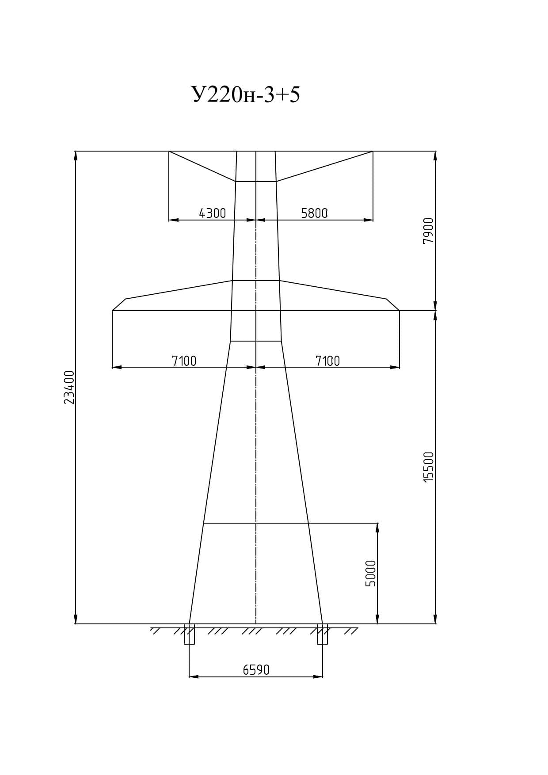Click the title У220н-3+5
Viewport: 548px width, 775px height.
(x=246, y=95)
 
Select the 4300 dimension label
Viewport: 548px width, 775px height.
(x=213, y=213)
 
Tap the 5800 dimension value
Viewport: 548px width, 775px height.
(x=314, y=213)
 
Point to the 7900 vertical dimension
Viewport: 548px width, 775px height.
(x=429, y=230)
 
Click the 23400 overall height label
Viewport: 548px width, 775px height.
(x=70, y=387)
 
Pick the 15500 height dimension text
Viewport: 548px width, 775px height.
(x=429, y=467)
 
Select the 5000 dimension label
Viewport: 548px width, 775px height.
(x=371, y=573)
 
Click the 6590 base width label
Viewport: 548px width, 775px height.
(x=256, y=670)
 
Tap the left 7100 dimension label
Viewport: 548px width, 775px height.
(x=184, y=361)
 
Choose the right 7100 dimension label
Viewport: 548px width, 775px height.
(x=327, y=361)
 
